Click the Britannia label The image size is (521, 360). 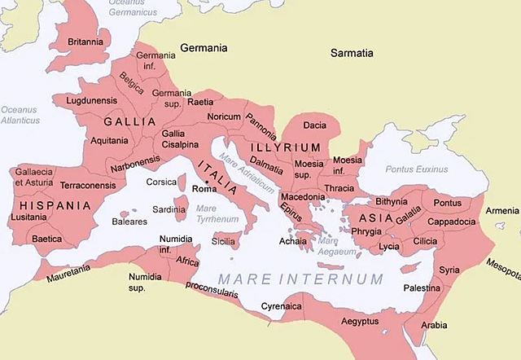85,42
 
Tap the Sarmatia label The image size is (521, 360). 352,53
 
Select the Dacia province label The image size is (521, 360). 314,125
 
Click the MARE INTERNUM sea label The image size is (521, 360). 300,279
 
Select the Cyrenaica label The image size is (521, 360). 282,306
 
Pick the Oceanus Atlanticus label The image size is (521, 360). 20,115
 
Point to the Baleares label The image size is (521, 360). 129,221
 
